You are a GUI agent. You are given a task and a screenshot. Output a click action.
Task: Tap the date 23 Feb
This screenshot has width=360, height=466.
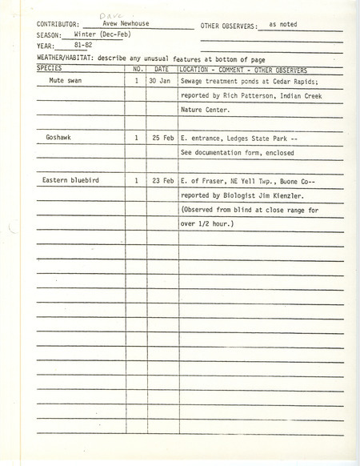click(x=162, y=182)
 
